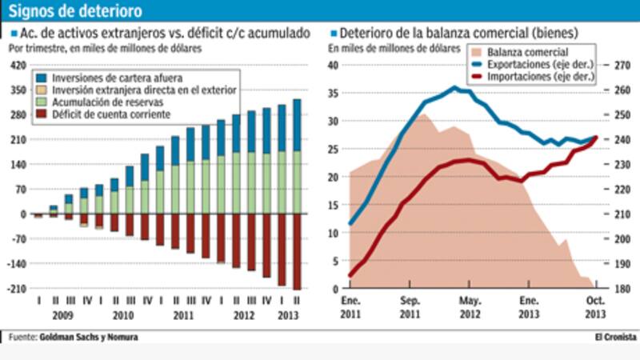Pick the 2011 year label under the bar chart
pos(184,315)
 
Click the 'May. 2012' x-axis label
pos(470,307)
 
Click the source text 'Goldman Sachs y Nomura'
pos(88,337)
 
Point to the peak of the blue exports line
pos(454,88)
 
